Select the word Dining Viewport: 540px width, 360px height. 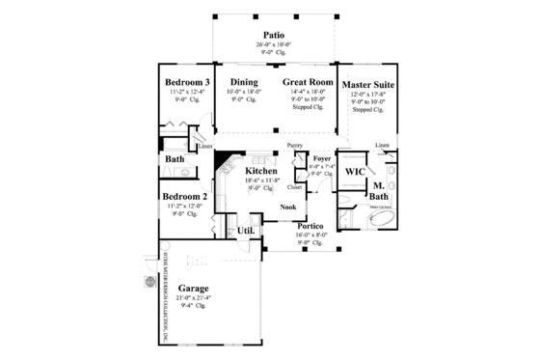[x=242, y=83]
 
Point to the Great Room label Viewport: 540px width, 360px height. [x=308, y=83]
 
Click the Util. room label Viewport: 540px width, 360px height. [x=246, y=231]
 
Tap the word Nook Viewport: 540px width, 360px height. [x=287, y=207]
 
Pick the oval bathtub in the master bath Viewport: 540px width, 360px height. [x=384, y=221]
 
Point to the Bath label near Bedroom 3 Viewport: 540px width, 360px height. [x=175, y=159]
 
